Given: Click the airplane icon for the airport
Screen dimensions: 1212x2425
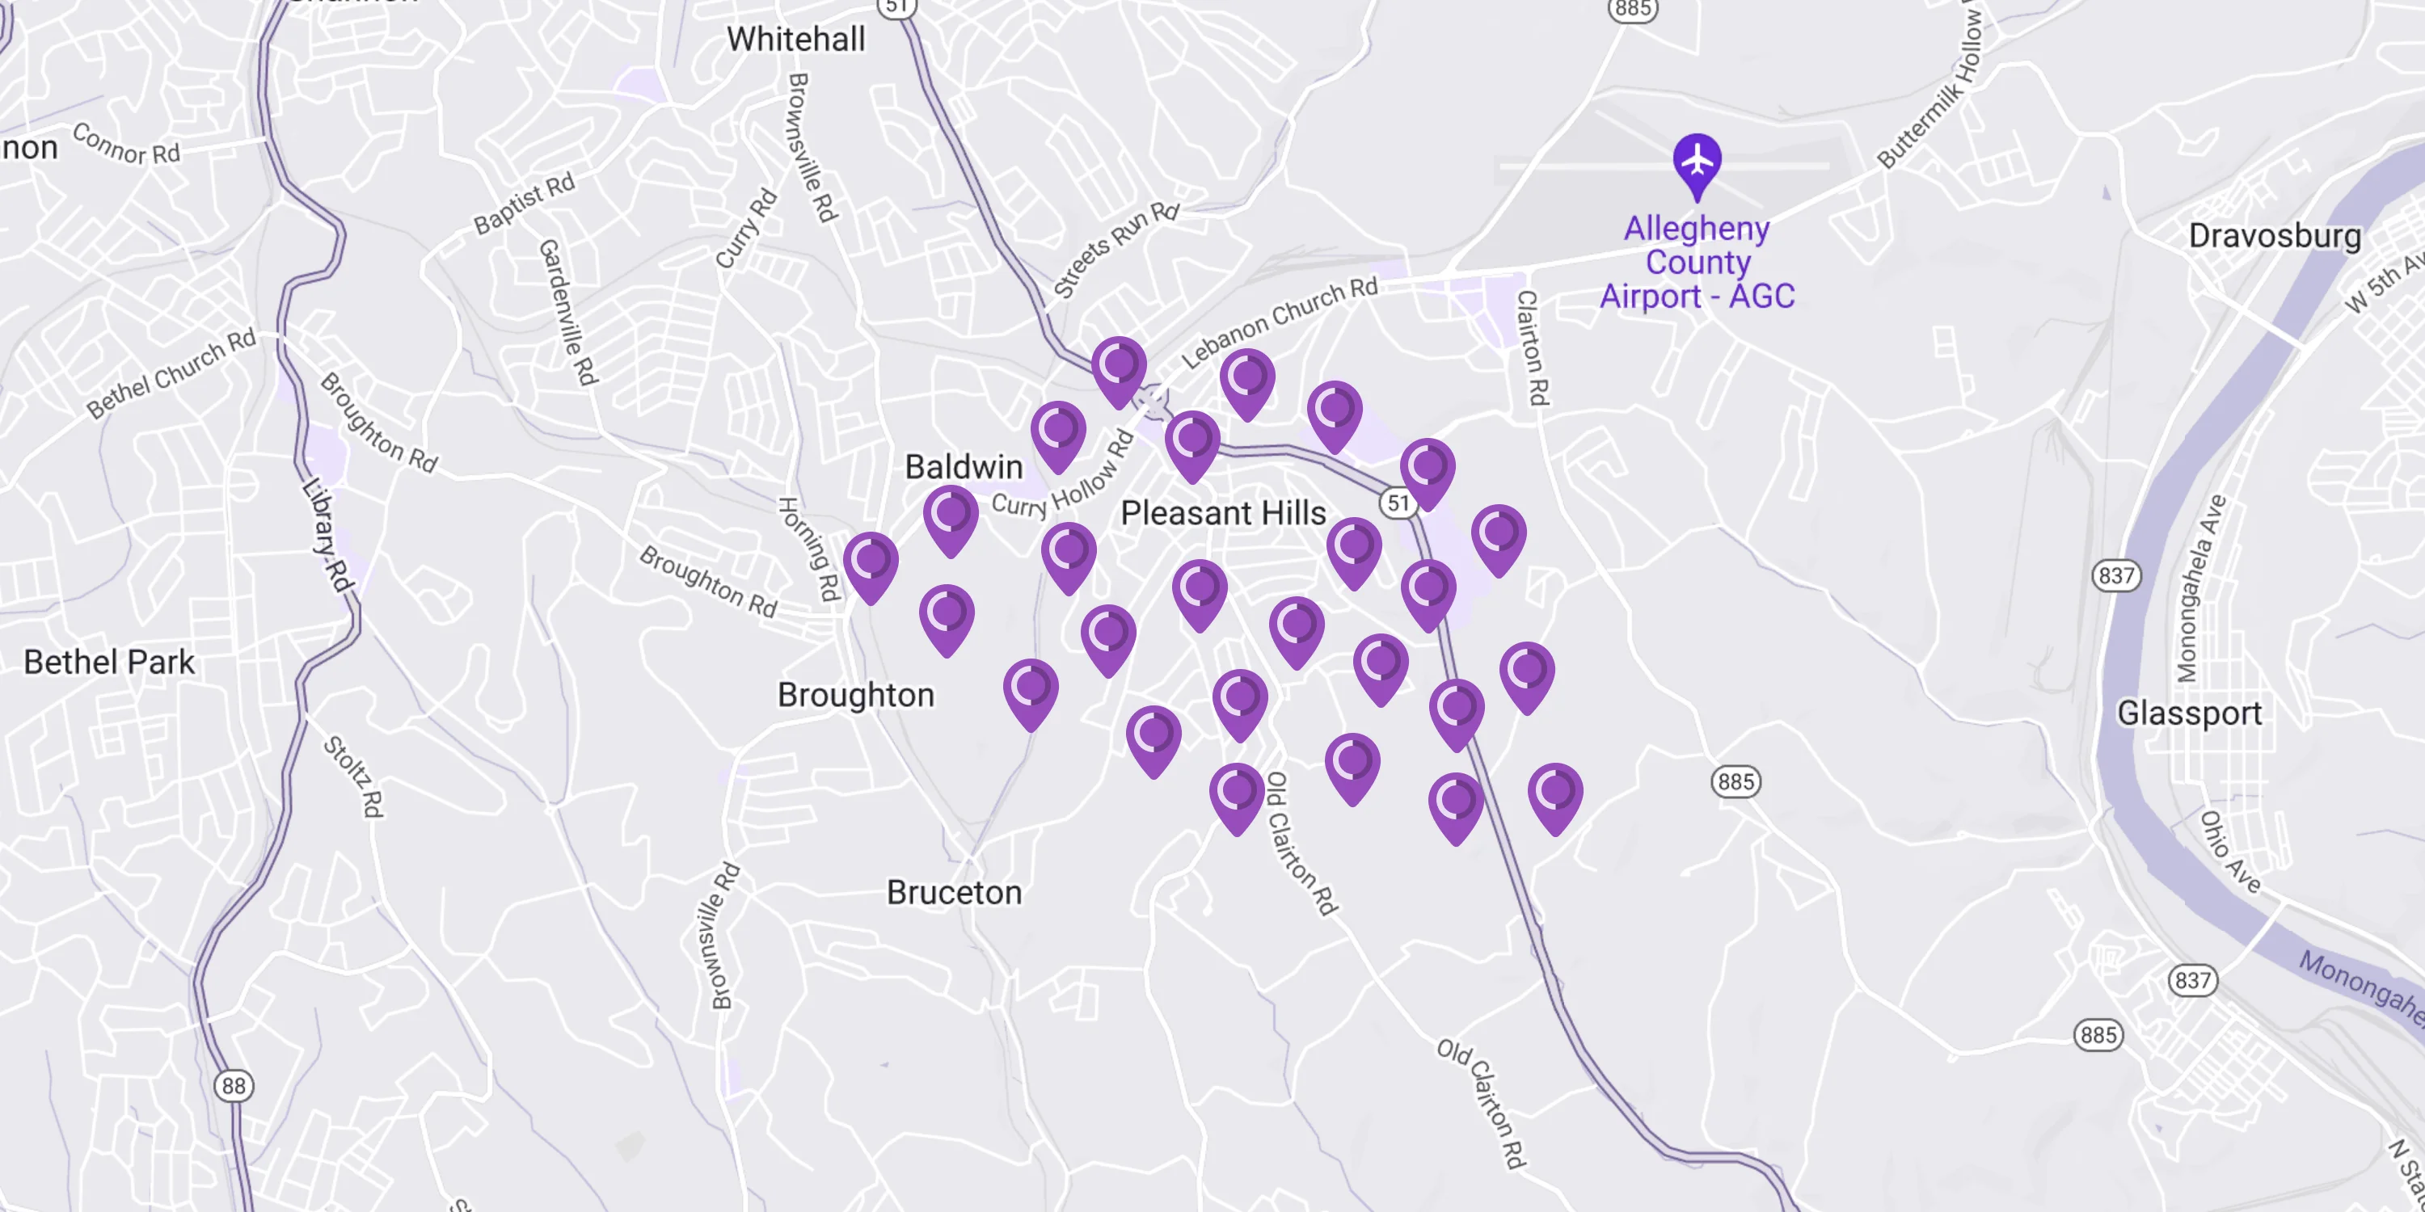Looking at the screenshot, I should click(x=1697, y=161).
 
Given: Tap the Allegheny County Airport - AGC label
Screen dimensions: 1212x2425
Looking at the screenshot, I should click(x=1697, y=263).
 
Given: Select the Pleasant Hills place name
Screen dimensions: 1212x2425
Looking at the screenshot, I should click(x=1223, y=513).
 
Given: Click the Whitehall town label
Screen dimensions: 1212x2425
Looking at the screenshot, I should click(x=795, y=40).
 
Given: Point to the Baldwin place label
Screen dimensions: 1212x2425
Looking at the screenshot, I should click(x=963, y=467).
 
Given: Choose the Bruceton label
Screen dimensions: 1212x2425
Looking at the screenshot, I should click(x=954, y=892).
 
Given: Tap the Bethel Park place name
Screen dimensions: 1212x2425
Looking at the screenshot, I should click(x=109, y=662).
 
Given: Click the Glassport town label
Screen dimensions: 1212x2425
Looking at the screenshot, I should click(x=2189, y=713).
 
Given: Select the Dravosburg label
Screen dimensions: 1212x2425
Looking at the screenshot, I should click(x=2275, y=235).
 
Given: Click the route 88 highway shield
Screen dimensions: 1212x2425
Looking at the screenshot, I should click(x=234, y=1086).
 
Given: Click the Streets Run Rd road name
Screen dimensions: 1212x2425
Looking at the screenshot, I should click(x=1115, y=250).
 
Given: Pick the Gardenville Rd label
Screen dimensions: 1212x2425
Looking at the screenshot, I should click(x=567, y=313).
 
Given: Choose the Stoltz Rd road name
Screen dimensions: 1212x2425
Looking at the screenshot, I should click(x=354, y=776).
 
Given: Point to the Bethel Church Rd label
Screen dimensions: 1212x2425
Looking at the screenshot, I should click(x=171, y=372).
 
